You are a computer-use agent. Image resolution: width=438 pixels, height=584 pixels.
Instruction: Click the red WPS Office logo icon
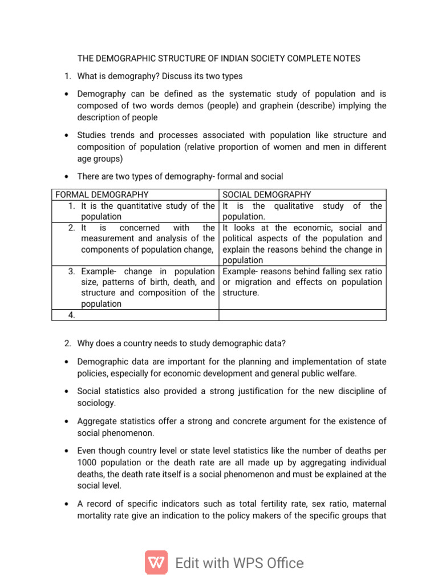tap(156, 562)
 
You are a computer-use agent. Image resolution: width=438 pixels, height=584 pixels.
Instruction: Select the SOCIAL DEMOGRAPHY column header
tap(267, 195)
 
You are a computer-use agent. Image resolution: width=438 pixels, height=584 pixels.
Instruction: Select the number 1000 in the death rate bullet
tap(88, 463)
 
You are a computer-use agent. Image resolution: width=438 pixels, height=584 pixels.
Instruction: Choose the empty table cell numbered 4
tap(136, 315)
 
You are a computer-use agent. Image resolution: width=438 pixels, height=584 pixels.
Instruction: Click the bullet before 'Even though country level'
tap(67, 451)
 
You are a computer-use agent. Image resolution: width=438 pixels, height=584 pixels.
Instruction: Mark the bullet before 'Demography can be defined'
tap(67, 94)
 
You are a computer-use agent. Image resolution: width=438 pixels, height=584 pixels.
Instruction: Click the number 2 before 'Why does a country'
tap(67, 343)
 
